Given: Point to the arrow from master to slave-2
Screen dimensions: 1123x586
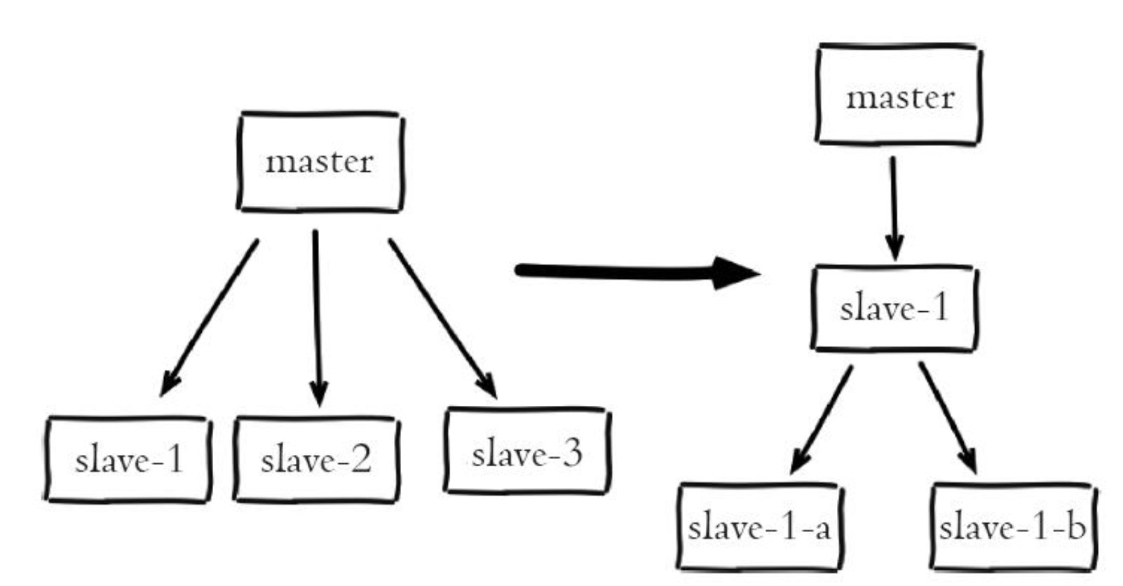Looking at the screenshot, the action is click(318, 318).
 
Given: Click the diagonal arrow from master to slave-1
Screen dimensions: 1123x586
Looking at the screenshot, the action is click(209, 318).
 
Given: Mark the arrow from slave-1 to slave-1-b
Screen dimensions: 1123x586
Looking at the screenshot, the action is click(948, 418).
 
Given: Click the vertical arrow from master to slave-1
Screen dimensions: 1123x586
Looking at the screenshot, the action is click(894, 208).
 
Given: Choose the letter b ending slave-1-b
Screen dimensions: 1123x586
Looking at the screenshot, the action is click(1076, 526).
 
